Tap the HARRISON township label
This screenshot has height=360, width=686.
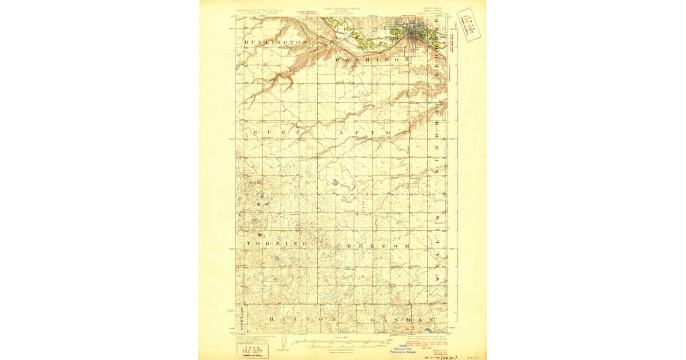pyautogui.click(x=372, y=59)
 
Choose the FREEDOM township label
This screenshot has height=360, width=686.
pyautogui.click(x=372, y=245)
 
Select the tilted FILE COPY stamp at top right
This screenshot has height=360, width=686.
pyautogui.click(x=469, y=25)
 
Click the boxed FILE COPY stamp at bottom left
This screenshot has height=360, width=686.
pyautogui.click(x=252, y=350)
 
